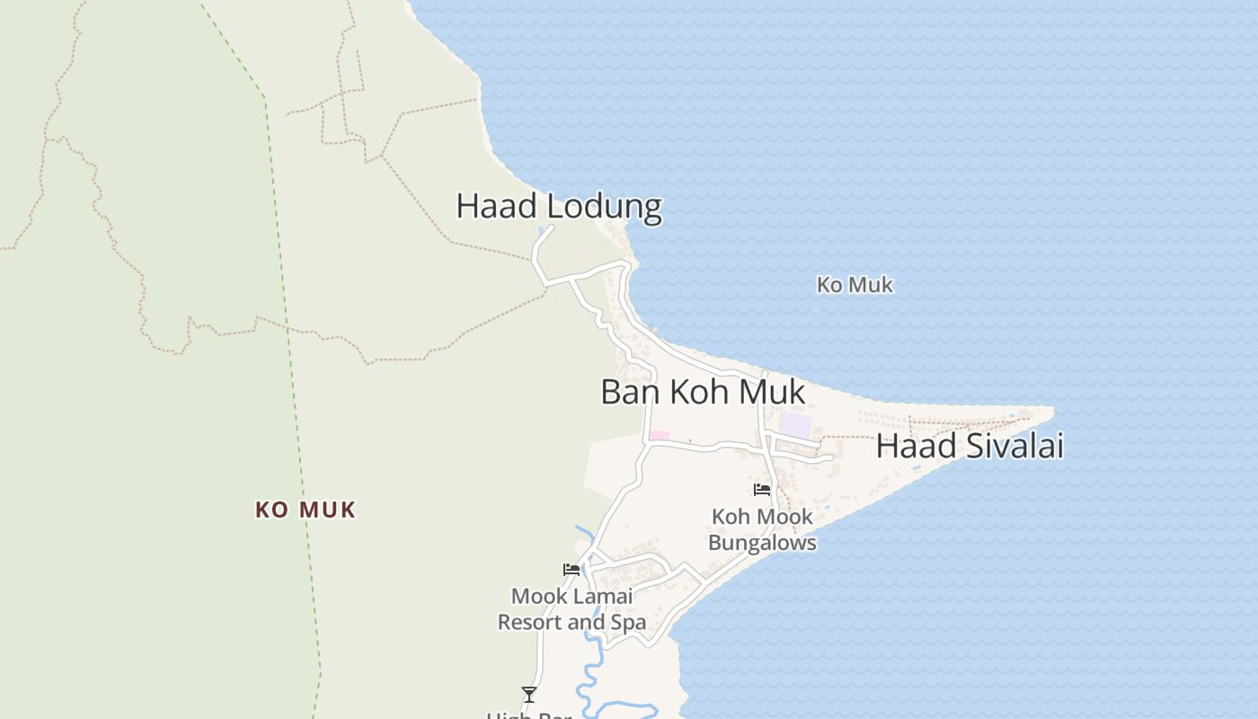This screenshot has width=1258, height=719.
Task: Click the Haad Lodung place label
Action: [559, 207]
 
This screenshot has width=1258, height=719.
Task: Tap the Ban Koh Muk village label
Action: [703, 393]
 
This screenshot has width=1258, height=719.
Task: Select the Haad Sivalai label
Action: [970, 446]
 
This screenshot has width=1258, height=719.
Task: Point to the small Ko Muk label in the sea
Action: [855, 285]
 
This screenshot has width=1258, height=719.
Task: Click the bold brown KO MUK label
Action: [306, 510]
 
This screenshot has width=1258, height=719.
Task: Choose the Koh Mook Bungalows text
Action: [762, 530]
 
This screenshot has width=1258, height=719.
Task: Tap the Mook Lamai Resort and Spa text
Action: [571, 609]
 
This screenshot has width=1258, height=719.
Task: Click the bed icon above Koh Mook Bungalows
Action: [762, 490]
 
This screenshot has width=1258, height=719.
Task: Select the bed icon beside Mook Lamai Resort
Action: [571, 569]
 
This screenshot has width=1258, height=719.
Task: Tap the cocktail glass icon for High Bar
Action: [529, 694]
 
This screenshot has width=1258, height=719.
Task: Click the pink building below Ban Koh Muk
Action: [660, 436]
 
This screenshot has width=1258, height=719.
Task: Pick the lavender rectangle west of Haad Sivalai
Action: [795, 425]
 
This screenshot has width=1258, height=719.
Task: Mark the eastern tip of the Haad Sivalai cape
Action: [1051, 410]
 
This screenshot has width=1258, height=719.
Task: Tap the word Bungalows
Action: [762, 543]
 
